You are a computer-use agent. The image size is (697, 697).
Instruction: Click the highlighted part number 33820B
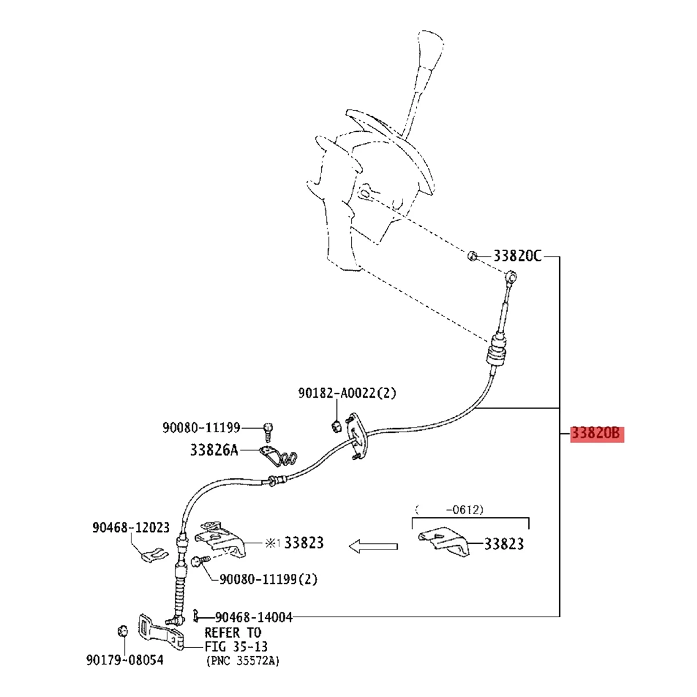point(597,434)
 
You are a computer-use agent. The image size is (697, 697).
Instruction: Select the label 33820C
point(517,256)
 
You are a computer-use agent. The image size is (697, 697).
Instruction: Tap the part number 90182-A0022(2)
point(347,394)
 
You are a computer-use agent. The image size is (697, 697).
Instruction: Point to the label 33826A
point(214,450)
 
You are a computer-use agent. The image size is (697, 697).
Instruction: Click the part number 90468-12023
point(131,527)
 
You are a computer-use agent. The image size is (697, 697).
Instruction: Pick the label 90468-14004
point(254,617)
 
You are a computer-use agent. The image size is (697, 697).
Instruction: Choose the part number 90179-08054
point(125,660)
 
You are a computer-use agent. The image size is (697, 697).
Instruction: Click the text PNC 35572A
point(243,661)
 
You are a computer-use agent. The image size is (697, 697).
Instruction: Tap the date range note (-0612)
point(450,510)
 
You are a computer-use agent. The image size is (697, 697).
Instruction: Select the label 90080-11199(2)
point(268,579)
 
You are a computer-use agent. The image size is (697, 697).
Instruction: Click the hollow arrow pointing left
point(373,546)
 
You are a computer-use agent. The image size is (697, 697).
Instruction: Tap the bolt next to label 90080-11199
point(268,430)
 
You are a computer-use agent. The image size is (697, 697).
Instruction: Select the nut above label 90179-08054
point(122,631)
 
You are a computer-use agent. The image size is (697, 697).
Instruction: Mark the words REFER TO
point(232,633)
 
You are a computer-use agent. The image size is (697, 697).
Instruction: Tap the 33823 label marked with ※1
point(304,543)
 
